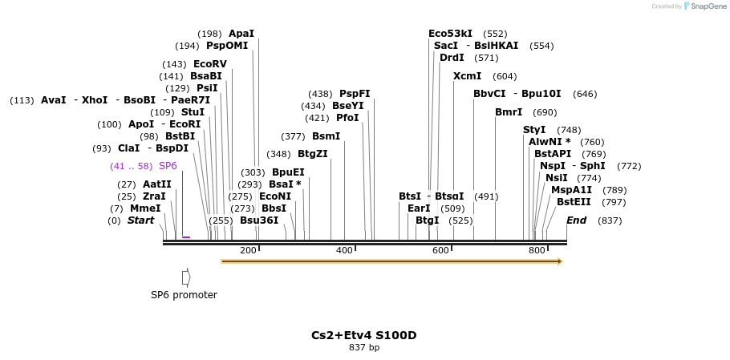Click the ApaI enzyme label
[x=241, y=34]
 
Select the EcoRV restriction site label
[x=210, y=64]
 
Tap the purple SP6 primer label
[x=168, y=166]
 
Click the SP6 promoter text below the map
[x=184, y=294]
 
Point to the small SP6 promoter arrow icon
[x=186, y=277]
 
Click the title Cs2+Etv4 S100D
[x=363, y=335]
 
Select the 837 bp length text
[x=364, y=347]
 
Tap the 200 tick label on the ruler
[x=248, y=251]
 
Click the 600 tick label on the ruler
[x=440, y=251]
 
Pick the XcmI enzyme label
[x=467, y=76]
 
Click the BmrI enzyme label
[x=509, y=112]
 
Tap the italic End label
[x=576, y=220]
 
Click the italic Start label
[x=140, y=220]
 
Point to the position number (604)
[x=505, y=76]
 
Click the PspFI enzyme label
[x=355, y=94]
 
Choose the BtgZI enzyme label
[x=313, y=154]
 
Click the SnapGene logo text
[x=706, y=6]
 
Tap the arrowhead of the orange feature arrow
[x=559, y=261]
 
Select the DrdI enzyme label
[x=452, y=58]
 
